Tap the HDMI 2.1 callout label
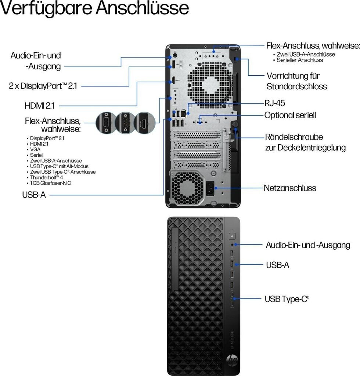[x=39, y=106]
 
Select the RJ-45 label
[x=275, y=103]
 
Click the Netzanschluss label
[x=290, y=188]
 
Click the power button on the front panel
[x=231, y=236]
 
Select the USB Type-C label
[x=287, y=299]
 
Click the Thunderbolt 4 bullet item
[x=47, y=177]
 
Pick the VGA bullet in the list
[x=35, y=149]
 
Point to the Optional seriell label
[x=290, y=115]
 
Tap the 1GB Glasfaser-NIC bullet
[x=51, y=183]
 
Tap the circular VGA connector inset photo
[x=105, y=123]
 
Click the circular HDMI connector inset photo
[x=144, y=123]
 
